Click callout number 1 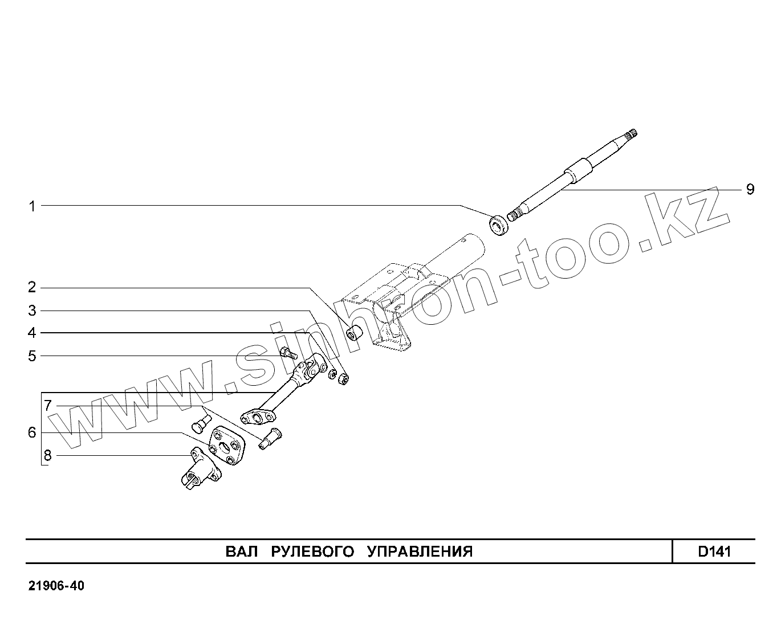(32, 206)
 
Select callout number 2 (32, 287)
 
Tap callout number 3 (32, 311)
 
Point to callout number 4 (32, 333)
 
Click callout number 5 (32, 356)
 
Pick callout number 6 (32, 432)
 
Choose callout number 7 (48, 406)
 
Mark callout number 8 (48, 455)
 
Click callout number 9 (750, 189)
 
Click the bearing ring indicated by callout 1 (499, 224)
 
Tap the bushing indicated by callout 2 (356, 331)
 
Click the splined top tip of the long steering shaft (631, 135)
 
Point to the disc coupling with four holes (226, 446)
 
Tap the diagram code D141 (714, 552)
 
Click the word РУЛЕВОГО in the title (312, 552)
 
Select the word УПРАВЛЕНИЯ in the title (420, 552)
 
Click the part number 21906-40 (56, 586)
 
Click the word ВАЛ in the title (242, 552)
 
